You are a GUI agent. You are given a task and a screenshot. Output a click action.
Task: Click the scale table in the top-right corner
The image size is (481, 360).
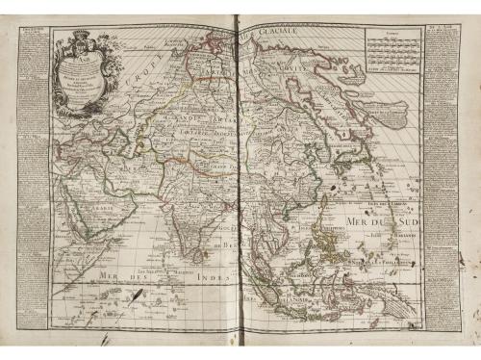click(x=393, y=48)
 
